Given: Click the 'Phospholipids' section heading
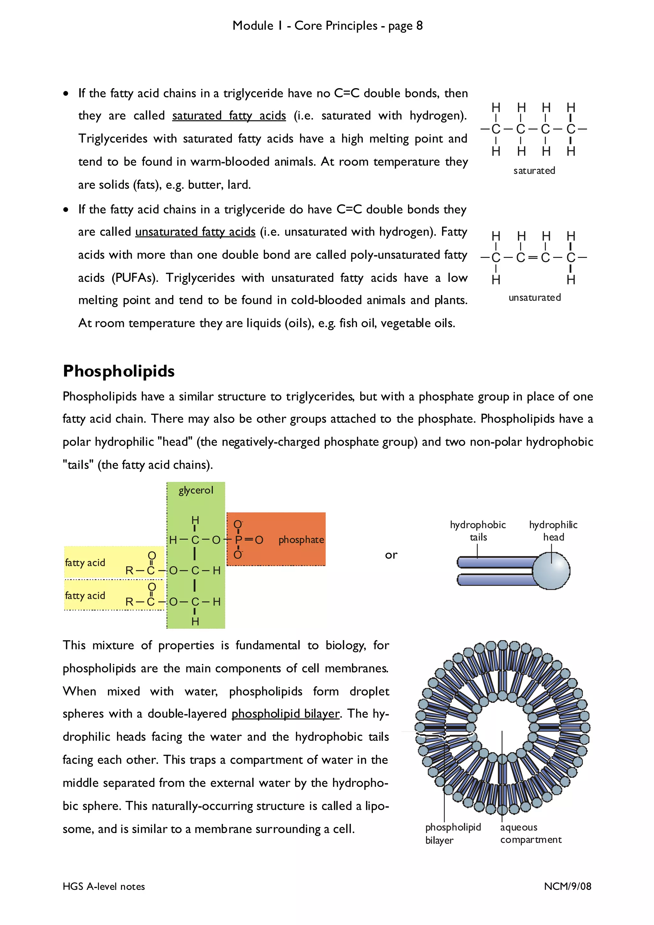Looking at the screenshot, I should pos(118,371).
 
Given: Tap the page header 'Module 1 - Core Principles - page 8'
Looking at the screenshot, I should pos(327,26).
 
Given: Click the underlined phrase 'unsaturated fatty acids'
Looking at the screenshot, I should pos(195,232).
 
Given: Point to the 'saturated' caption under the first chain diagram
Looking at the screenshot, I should pos(534,171).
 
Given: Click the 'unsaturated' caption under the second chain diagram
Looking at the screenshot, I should pos(534,298).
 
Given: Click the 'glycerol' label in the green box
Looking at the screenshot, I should pos(196,490).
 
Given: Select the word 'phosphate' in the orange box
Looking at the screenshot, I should pos(301,540).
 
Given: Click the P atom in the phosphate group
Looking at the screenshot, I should pos(239,540).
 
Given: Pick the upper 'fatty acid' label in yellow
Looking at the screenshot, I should pos(85,563).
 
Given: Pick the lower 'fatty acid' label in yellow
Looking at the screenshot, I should pos(85,596).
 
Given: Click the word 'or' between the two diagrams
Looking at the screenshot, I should pos(391,555).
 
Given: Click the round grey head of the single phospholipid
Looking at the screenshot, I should pos(551,570).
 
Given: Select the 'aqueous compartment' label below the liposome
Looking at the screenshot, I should pos(530,833).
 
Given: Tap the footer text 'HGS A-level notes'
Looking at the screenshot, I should pos(103,887).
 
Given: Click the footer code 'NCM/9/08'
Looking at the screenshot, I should pos(567,886).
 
